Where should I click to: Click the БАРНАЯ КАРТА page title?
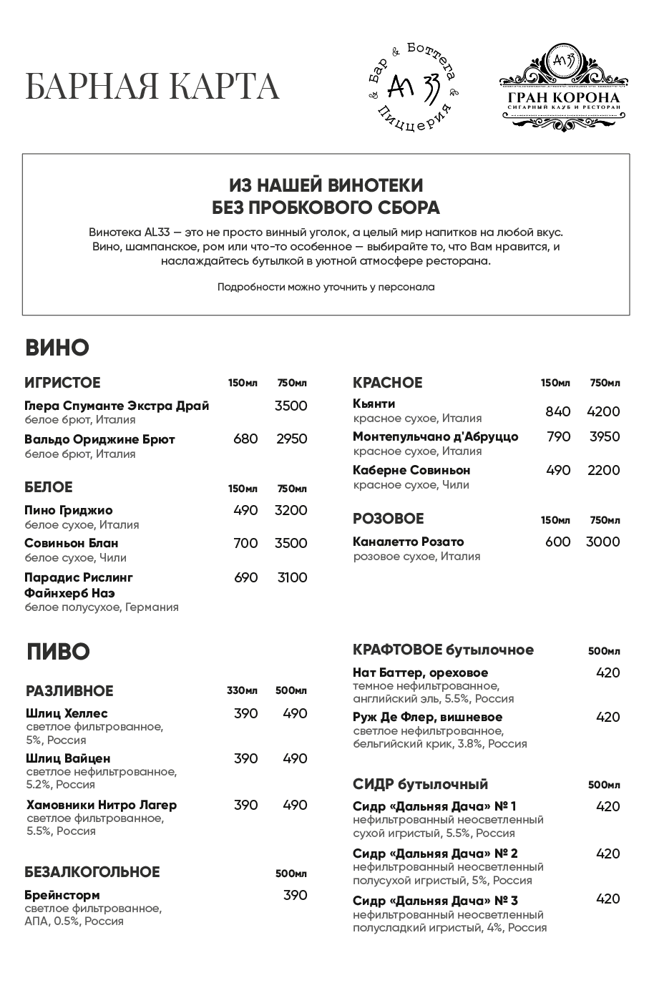(152, 87)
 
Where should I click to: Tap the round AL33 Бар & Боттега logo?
(412, 87)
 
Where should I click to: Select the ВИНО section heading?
(57, 348)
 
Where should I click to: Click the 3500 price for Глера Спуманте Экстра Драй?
(291, 406)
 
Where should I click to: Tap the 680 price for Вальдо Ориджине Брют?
(245, 439)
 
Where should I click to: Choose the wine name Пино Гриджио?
(69, 510)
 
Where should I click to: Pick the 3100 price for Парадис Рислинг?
(292, 577)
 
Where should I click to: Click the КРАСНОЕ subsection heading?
(388, 383)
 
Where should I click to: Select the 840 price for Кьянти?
(558, 411)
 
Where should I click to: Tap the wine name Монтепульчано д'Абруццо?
(436, 436)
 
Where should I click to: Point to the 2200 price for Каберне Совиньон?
(603, 470)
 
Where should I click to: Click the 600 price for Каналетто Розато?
(558, 542)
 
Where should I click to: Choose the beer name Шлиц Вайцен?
(68, 758)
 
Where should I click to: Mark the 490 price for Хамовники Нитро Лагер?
(295, 805)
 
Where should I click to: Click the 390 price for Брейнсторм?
(295, 895)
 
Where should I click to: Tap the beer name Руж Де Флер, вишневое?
(428, 717)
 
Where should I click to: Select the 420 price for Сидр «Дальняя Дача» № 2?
(607, 853)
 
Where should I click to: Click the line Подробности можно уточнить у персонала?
(326, 287)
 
